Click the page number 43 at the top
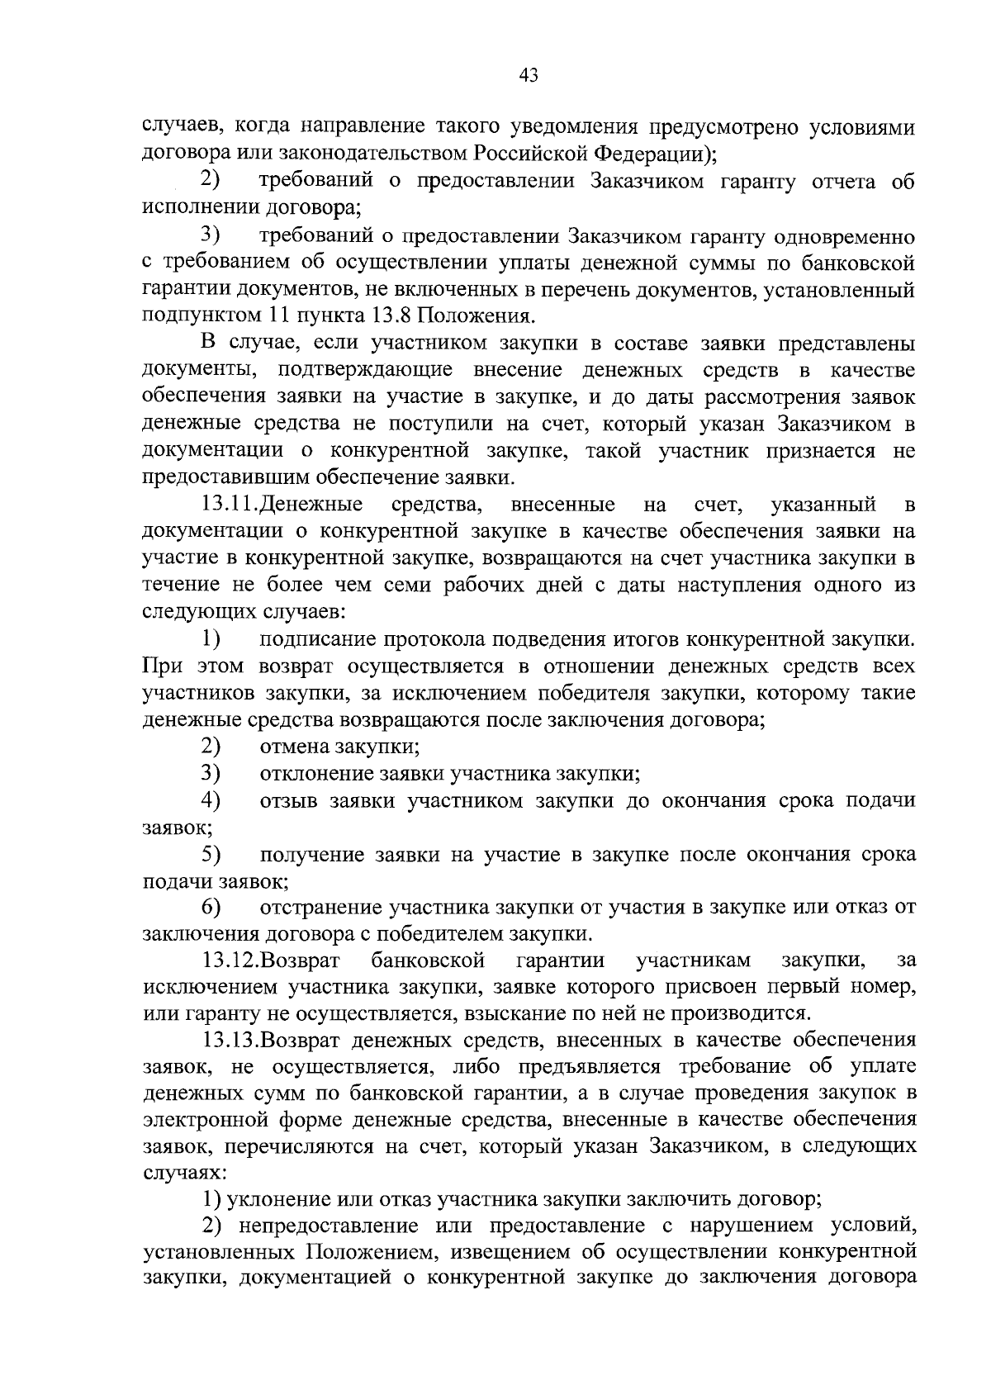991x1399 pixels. [x=529, y=76]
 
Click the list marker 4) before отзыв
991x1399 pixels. [x=211, y=800]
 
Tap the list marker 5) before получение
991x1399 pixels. [x=211, y=854]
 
